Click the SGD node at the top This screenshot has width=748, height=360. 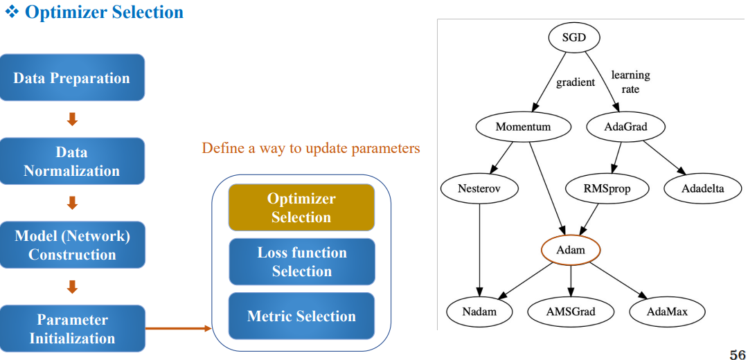574,37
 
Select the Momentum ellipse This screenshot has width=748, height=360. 523,127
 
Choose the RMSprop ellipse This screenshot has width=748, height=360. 607,188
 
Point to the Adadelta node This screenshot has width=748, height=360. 702,188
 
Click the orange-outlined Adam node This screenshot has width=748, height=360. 571,250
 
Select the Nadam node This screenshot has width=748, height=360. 479,312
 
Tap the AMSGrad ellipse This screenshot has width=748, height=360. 571,312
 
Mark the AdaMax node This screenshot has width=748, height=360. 668,312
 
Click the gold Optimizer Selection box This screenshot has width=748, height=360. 301,208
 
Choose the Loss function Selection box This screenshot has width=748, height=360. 302,262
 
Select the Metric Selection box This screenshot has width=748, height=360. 302,316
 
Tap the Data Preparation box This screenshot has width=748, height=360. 72,78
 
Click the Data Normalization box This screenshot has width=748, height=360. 72,161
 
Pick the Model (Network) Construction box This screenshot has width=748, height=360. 72,244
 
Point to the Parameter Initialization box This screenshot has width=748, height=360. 72,329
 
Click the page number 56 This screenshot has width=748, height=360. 738,354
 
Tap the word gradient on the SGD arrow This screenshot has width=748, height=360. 576,82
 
